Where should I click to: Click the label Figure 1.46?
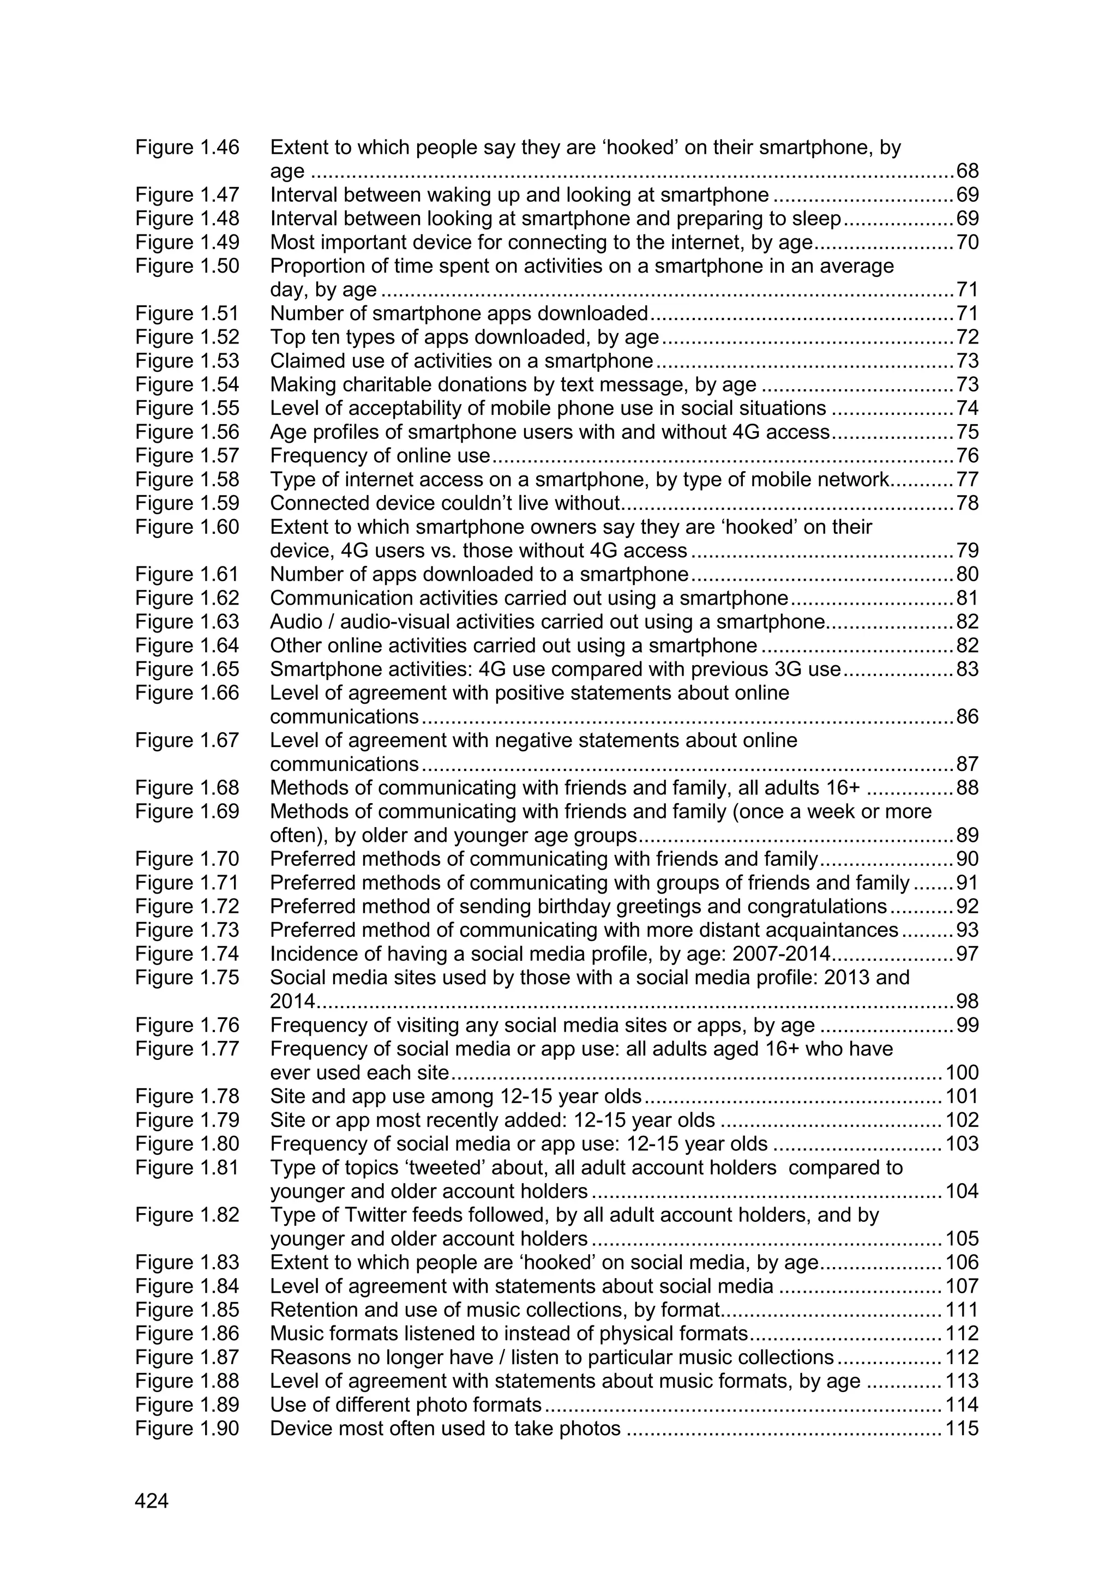coord(187,147)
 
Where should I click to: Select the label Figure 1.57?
coord(187,455)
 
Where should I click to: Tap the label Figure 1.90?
coord(187,1429)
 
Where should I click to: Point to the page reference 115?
coord(962,1429)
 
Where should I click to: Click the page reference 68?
coord(967,171)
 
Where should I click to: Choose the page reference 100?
coord(962,1073)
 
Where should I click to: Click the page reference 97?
coord(967,954)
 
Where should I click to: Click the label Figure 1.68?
coord(187,787)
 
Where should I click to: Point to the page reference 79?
coord(967,551)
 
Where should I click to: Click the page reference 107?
coord(962,1286)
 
